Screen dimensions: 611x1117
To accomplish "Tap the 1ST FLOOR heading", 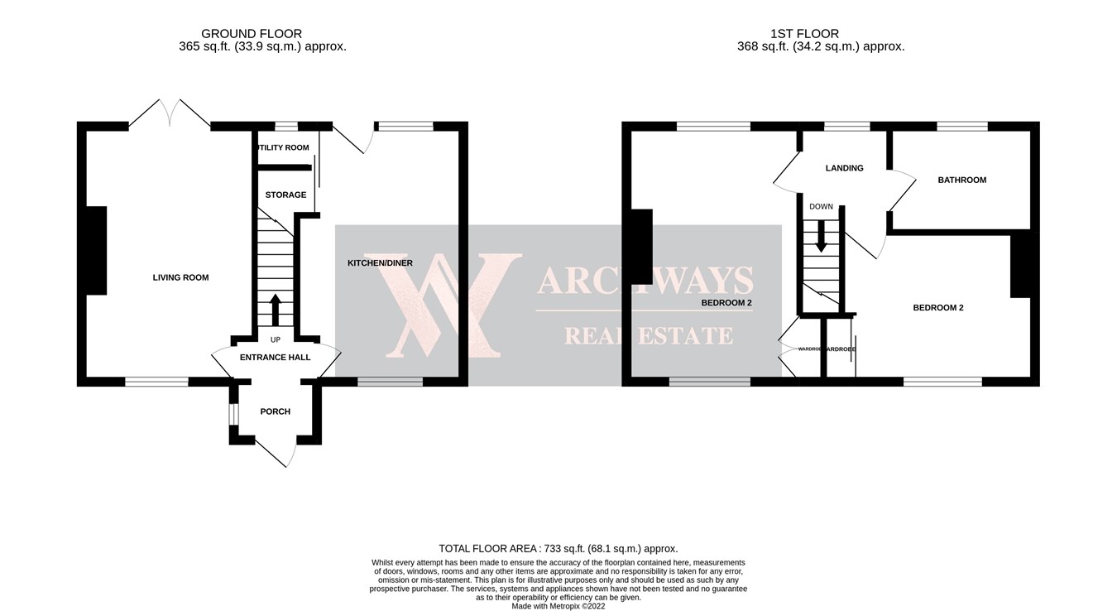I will click(x=804, y=34).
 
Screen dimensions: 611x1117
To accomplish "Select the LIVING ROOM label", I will click(x=180, y=277).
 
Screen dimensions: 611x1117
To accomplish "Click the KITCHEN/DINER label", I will click(x=380, y=263).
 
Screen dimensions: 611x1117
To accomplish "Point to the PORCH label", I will click(x=275, y=411).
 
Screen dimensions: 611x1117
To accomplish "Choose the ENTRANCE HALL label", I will click(x=275, y=358).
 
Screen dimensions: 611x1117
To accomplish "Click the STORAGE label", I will click(x=285, y=195).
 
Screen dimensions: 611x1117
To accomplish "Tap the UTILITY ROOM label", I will click(x=284, y=148).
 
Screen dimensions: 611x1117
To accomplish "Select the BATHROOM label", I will click(x=961, y=180).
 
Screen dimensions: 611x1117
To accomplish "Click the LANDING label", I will click(x=844, y=168).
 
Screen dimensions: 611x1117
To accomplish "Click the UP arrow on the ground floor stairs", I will click(x=276, y=310).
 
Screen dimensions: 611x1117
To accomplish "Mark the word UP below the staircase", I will click(x=276, y=340).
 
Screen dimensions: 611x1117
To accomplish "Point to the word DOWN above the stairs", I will click(x=821, y=207).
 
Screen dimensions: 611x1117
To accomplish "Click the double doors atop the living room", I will click(x=170, y=114).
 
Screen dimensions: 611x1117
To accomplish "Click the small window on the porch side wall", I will click(x=234, y=413).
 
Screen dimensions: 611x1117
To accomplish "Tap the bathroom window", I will click(x=961, y=127).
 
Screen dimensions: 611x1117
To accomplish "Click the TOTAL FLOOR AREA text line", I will click(x=558, y=549).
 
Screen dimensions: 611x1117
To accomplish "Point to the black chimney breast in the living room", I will click(x=96, y=250).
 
